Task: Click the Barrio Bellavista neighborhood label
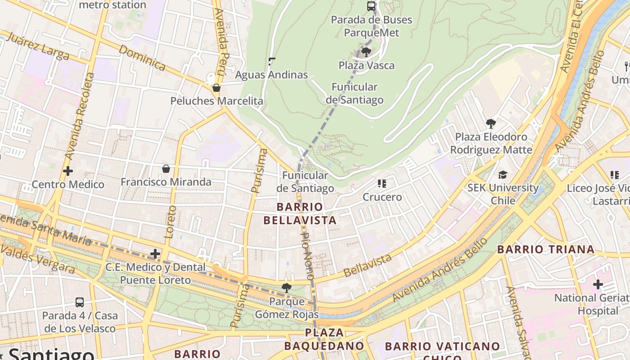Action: [300, 213]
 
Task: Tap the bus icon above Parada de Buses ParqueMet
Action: [371, 6]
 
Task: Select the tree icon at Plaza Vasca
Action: [366, 52]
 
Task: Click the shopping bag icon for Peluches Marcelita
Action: [216, 88]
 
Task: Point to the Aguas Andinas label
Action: [271, 75]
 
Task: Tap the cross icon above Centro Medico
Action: [68, 171]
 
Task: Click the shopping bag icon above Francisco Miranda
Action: [166, 169]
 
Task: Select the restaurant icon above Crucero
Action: [382, 183]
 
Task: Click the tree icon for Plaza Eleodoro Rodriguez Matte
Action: [491, 123]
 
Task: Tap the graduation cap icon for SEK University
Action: [503, 175]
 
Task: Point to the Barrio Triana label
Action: [545, 249]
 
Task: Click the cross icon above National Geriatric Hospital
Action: [598, 284]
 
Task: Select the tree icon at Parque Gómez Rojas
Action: [286, 288]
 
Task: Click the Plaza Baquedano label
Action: [324, 339]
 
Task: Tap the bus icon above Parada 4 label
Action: [80, 302]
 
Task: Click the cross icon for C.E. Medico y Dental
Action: [155, 254]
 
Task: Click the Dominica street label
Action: [143, 58]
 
